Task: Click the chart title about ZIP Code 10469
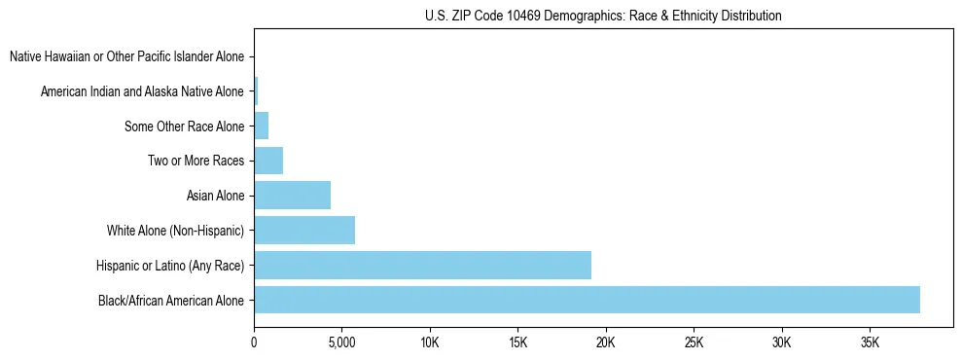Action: click(603, 17)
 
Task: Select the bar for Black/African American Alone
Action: click(587, 300)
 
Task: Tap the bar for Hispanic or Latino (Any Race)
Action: click(422, 265)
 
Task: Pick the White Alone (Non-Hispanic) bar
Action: click(304, 231)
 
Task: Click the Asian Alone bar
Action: click(292, 196)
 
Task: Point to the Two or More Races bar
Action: click(268, 161)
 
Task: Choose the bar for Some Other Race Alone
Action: click(261, 126)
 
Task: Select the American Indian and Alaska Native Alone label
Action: click(142, 91)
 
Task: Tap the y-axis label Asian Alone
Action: click(216, 196)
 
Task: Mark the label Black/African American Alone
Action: click(171, 300)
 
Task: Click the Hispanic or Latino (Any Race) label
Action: click(170, 265)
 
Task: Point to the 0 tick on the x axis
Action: click(254, 342)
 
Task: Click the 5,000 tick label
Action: click(341, 342)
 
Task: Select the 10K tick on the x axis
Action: click(430, 342)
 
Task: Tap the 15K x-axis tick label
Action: click(517, 342)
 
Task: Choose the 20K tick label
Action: click(606, 342)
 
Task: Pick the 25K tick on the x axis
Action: click(694, 342)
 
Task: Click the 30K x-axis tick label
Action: click(782, 342)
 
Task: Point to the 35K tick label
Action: click(870, 342)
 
